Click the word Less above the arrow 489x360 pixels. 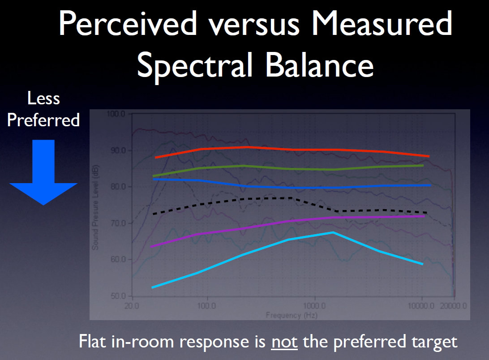43,99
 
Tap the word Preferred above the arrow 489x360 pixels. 43,120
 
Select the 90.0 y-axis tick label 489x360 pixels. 119,150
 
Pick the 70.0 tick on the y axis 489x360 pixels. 119,223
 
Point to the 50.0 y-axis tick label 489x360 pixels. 119,296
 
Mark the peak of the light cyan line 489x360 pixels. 333,232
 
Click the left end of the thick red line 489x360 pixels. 156,158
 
